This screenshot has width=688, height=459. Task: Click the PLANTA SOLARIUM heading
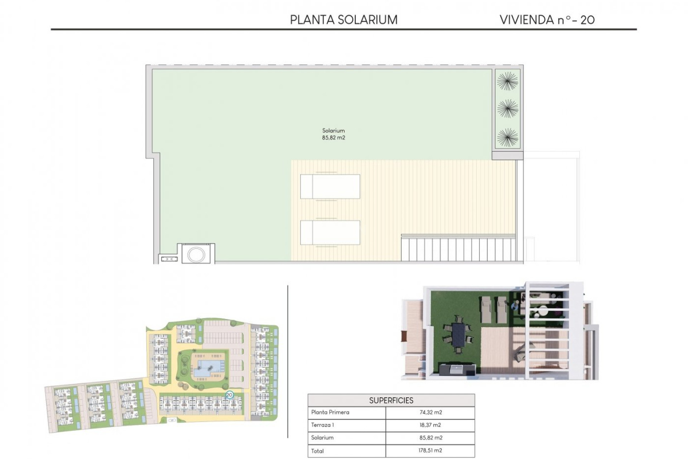point(344,20)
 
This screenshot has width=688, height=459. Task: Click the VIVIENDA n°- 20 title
point(547,20)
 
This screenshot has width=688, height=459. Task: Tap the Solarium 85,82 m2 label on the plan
point(333,134)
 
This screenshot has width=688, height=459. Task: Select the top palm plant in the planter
point(507,81)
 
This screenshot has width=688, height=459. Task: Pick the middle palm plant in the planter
point(507,109)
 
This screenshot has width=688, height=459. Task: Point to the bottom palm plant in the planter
point(507,137)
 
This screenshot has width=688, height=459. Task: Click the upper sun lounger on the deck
point(330,186)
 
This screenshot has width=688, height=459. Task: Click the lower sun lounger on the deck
point(330,232)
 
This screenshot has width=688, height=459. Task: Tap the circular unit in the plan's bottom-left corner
point(196,254)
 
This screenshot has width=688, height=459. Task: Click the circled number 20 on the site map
point(229,395)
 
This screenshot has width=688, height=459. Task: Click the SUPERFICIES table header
point(391,400)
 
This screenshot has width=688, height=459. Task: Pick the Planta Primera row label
point(330,412)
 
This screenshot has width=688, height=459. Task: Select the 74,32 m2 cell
point(430,412)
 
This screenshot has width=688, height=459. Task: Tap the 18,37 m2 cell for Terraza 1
point(430,425)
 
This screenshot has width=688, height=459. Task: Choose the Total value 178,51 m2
point(430,450)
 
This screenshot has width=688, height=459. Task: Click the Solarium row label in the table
point(322,437)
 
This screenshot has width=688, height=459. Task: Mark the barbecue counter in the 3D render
point(458,369)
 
